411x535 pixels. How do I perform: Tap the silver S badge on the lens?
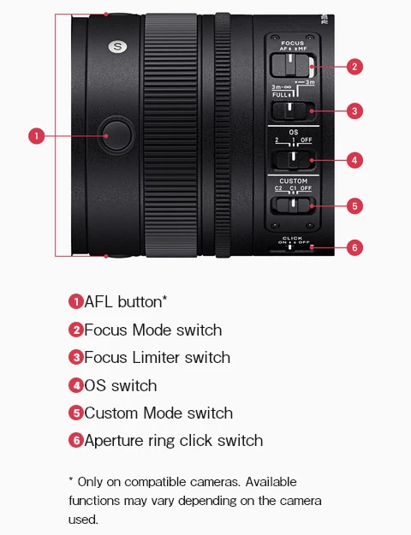[x=117, y=46]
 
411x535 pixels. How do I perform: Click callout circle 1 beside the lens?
[x=36, y=135]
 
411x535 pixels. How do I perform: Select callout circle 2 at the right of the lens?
[x=355, y=66]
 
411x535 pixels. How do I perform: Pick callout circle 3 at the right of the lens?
[x=355, y=110]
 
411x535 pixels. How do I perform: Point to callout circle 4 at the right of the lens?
[x=355, y=159]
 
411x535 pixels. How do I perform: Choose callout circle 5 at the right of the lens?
[x=355, y=205]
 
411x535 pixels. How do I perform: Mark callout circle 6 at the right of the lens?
[x=355, y=247]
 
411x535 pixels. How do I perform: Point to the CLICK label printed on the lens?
[x=293, y=238]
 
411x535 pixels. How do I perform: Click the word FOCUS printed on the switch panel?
[x=293, y=43]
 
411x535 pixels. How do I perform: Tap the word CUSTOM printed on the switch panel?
[x=293, y=181]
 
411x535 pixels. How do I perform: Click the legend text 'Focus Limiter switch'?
[x=157, y=358]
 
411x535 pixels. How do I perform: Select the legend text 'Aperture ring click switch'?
[x=173, y=441]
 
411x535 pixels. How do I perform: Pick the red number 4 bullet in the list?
[x=75, y=385]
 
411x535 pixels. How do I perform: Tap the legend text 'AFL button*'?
[x=125, y=302]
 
